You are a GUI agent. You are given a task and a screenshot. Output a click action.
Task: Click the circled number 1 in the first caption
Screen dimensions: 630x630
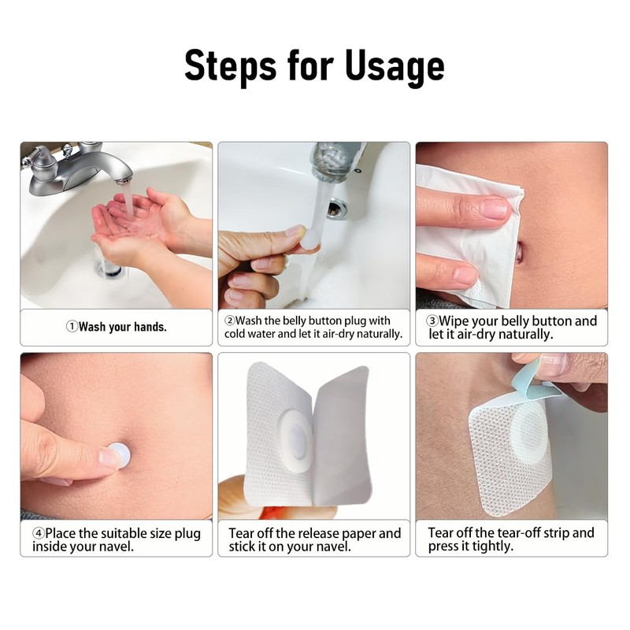pos(71,327)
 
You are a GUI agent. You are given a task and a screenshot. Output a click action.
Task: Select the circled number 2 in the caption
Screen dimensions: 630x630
pos(229,321)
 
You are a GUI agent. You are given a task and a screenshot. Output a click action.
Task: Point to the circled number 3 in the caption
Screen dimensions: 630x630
pos(432,321)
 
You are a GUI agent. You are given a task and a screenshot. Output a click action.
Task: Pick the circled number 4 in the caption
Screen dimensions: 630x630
pos(37,534)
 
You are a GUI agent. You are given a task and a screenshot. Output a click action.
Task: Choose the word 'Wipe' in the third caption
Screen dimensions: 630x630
pos(455,321)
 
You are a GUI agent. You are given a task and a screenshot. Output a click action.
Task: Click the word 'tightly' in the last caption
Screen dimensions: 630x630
pos(490,547)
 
